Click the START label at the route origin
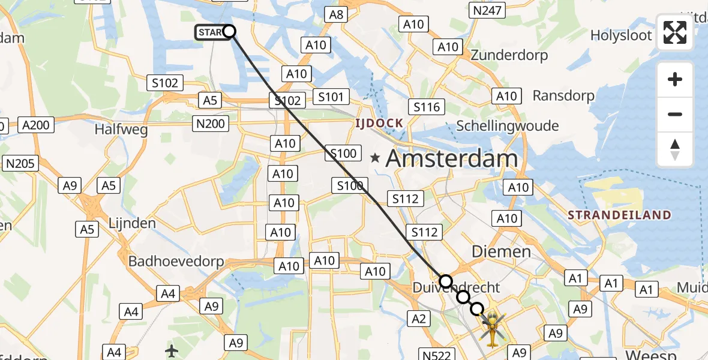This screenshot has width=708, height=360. tap(210, 32)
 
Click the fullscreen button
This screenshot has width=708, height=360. tap(675, 32)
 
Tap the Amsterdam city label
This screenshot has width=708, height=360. tap(451, 159)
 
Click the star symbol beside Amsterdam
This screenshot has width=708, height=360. tap(375, 159)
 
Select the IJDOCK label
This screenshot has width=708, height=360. tap(378, 124)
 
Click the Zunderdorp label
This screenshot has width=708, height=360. tap(509, 55)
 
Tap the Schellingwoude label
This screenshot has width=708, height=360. tap(507, 126)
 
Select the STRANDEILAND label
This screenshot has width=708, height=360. tap(619, 215)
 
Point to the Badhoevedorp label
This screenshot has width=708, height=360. tap(176, 262)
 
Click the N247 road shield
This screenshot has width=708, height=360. tap(487, 10)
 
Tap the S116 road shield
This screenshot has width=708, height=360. tap(427, 107)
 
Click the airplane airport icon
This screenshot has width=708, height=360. tap(172, 349)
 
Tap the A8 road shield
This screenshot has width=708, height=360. tap(337, 14)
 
